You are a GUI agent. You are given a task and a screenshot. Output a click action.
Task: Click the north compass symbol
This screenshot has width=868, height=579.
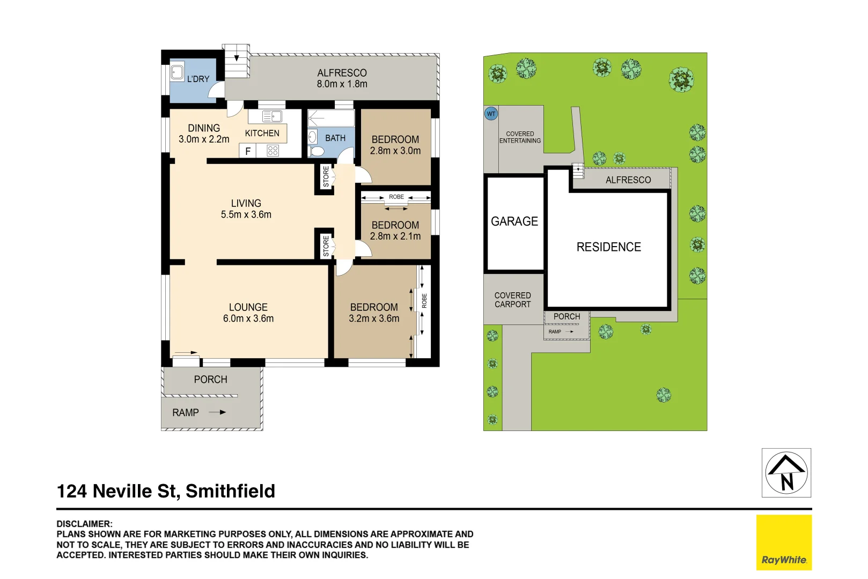click(x=786, y=472)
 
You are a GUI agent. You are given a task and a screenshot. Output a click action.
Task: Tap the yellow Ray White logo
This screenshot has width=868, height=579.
click(x=784, y=542)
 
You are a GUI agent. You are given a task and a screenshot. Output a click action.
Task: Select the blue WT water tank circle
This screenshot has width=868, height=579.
click(x=491, y=114)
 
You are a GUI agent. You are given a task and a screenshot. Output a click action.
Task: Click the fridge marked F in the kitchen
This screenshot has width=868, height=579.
click(x=247, y=151)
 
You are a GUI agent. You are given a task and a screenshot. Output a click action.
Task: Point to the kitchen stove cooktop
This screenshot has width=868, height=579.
click(x=273, y=151)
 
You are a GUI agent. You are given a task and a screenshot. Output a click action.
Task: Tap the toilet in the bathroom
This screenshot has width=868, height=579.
click(x=317, y=152)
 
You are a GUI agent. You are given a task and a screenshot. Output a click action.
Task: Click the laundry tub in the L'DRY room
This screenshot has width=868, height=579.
click(x=177, y=72)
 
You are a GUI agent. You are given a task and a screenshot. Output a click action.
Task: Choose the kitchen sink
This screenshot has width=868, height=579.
click(x=273, y=116)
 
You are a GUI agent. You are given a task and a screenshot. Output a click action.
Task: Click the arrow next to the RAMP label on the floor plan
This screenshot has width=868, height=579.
click(x=217, y=412)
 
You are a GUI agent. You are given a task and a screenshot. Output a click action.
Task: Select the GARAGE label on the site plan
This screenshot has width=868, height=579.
click(x=514, y=221)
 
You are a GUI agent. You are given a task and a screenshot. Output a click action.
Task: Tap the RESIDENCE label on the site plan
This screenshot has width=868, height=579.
click(x=608, y=247)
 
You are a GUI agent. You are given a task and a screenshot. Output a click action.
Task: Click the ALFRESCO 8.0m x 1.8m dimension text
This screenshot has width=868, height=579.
click(x=342, y=84)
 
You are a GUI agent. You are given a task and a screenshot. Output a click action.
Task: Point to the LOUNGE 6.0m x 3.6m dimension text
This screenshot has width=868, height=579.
click(x=248, y=318)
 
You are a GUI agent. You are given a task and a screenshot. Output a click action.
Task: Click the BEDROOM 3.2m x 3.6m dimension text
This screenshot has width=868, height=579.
click(x=374, y=318)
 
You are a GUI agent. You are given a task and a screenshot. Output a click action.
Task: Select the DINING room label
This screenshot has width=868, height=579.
click(x=204, y=128)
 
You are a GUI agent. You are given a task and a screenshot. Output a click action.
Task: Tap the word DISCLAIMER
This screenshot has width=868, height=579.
click(x=84, y=524)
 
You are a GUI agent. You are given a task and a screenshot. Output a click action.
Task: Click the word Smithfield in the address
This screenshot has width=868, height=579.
click(x=230, y=491)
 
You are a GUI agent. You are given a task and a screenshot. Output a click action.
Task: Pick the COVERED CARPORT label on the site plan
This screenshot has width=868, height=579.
click(x=512, y=300)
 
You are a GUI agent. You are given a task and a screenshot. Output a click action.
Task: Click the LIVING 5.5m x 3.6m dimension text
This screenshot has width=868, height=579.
click(x=246, y=214)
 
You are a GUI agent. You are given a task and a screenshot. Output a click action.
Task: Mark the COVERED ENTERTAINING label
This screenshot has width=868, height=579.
click(x=520, y=137)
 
